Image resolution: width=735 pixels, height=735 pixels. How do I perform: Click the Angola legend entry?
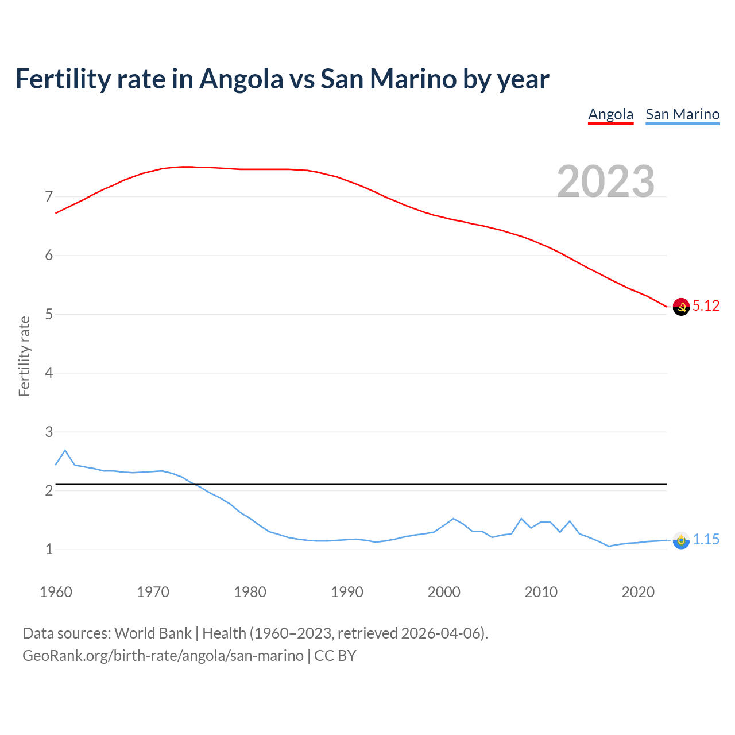610,114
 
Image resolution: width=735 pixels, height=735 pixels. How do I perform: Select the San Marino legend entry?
682,114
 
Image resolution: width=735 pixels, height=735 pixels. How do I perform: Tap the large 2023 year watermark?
606,181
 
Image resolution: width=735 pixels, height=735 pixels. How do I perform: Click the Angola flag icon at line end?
681,307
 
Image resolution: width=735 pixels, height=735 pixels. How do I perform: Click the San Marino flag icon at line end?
681,540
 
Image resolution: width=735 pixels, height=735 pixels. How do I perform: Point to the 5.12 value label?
706,306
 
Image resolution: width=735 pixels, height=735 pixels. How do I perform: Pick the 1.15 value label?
706,540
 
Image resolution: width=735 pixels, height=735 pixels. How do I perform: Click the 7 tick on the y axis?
49,197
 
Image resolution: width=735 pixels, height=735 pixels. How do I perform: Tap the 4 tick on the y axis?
49,373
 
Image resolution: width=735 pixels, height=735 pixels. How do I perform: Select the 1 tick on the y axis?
49,550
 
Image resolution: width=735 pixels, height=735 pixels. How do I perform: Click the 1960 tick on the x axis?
56,592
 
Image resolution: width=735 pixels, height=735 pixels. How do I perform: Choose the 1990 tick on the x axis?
347,592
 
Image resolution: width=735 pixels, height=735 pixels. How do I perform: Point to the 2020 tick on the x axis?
638,592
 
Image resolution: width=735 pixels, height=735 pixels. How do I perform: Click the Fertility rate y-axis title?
24,356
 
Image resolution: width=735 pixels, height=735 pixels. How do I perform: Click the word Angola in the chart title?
241,79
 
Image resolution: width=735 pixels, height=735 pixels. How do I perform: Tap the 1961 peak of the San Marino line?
65,450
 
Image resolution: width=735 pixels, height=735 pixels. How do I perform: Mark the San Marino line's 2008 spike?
521,519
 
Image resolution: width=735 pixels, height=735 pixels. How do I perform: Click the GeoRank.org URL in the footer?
163,655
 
